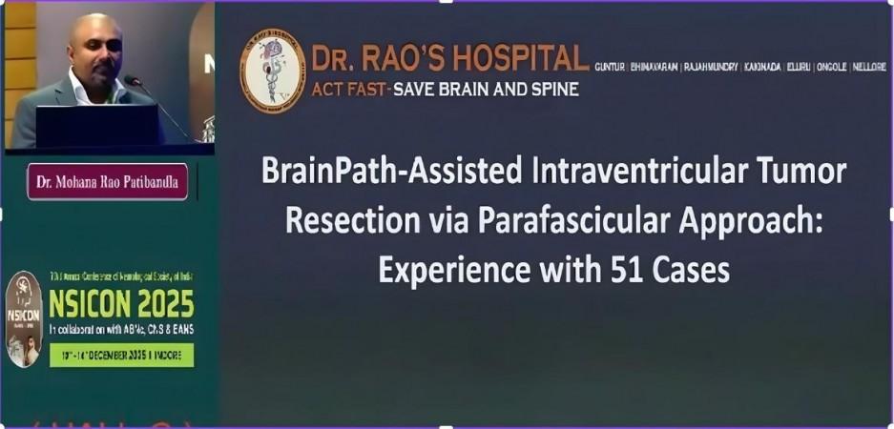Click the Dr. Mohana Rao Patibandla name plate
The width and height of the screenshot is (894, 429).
107,181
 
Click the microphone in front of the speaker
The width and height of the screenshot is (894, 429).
134,81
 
